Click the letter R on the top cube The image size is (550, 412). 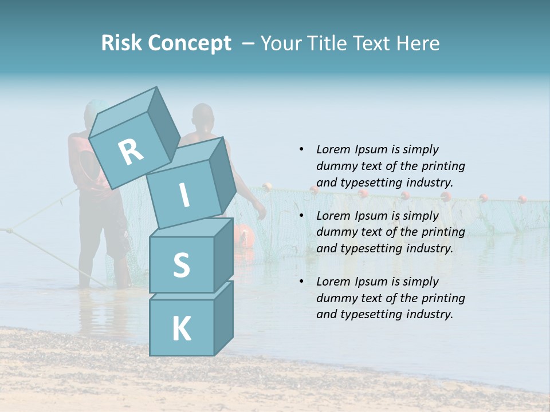tap(131, 152)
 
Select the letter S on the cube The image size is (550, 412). tap(181, 265)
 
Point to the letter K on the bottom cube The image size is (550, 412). tap(181, 329)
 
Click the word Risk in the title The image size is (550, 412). tap(121, 43)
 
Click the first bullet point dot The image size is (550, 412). tap(301, 149)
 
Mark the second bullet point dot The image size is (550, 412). tap(301, 216)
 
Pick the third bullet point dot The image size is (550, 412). tap(301, 282)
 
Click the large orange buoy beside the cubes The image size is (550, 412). tap(243, 235)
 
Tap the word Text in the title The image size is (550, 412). tap(371, 43)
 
